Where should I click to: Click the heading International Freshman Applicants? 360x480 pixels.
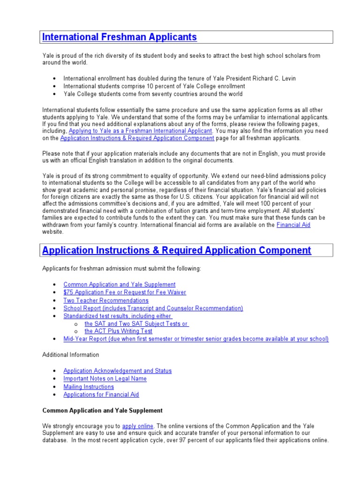120,37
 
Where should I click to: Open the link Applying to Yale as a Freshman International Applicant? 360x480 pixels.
141,131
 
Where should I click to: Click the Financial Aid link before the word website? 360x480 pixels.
293,225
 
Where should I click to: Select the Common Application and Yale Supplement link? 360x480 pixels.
120,284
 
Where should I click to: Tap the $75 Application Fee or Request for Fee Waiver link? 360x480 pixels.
125,292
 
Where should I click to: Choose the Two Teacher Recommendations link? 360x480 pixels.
106,300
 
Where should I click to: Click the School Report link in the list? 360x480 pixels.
153,308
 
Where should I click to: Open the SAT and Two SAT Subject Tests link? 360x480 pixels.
136,323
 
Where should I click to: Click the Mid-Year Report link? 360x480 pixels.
196,338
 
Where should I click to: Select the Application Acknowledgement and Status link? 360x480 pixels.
118,371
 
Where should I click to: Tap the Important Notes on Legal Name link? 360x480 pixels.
105,379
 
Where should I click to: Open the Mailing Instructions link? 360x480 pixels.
89,387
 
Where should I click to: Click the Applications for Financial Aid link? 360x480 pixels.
101,395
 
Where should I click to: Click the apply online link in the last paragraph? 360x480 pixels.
138,426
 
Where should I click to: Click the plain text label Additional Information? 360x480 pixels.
71,355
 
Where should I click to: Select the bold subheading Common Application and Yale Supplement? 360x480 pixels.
103,411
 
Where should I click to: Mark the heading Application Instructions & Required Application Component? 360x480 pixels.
177,250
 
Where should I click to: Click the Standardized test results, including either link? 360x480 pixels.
118,316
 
